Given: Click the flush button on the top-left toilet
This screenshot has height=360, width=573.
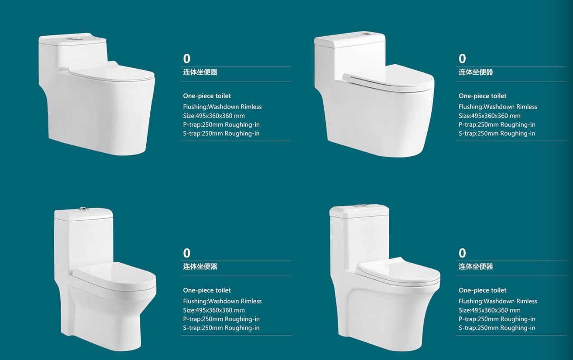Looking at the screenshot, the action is tap(72, 39).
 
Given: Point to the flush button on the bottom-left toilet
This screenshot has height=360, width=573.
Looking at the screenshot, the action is tap(83, 209).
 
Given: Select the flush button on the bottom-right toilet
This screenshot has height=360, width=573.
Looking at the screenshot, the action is tap(360, 206).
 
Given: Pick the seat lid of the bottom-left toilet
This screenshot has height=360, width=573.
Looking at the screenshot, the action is tap(115, 275).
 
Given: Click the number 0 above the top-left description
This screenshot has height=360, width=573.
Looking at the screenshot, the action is tap(187, 59).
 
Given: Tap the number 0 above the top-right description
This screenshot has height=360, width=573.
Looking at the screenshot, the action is tap(462, 59).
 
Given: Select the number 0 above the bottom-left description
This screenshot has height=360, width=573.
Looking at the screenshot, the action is tap(187, 253).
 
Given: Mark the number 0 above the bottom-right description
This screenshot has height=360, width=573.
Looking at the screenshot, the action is tap(462, 253).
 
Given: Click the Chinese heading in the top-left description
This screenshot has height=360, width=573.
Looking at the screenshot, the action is tap(200, 72).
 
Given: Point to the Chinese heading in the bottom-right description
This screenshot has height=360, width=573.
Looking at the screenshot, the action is tap(476, 267).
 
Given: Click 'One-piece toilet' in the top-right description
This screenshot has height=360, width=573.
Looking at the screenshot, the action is tap(482, 96).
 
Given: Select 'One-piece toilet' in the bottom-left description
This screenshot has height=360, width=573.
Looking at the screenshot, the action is tap(207, 290).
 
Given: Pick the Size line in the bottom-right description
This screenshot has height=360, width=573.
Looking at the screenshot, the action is tap(489, 310).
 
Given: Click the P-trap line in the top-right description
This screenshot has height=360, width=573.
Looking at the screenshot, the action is tap(497, 125).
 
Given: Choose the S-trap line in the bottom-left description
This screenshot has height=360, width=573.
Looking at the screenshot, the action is tap(221, 328).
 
